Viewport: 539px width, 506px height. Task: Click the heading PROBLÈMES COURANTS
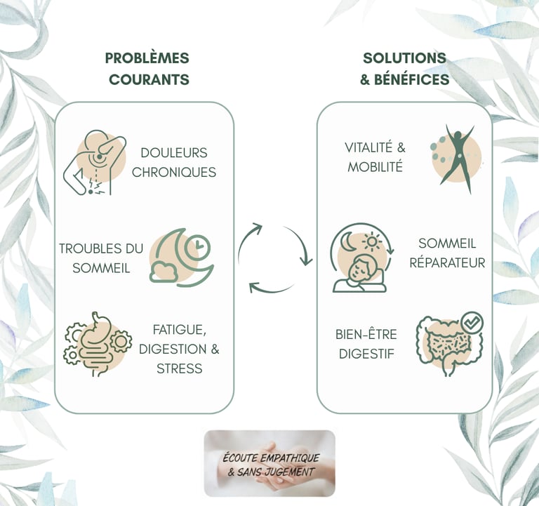click(x=147, y=69)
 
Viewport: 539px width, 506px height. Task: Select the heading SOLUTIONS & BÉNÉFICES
click(x=404, y=69)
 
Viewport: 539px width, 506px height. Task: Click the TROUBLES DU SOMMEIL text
click(x=101, y=258)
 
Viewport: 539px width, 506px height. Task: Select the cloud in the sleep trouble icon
click(x=164, y=270)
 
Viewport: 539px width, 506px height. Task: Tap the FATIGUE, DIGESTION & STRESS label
click(x=178, y=349)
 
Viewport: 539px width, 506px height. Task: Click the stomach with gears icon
click(x=97, y=341)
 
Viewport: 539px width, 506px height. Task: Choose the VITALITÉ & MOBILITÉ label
click(x=375, y=157)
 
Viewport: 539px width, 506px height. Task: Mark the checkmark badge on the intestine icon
click(x=472, y=322)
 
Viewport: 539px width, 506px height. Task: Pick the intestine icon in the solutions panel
click(x=446, y=345)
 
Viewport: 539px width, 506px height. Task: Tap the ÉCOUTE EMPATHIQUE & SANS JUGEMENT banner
click(x=269, y=462)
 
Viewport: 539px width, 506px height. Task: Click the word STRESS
click(x=179, y=368)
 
